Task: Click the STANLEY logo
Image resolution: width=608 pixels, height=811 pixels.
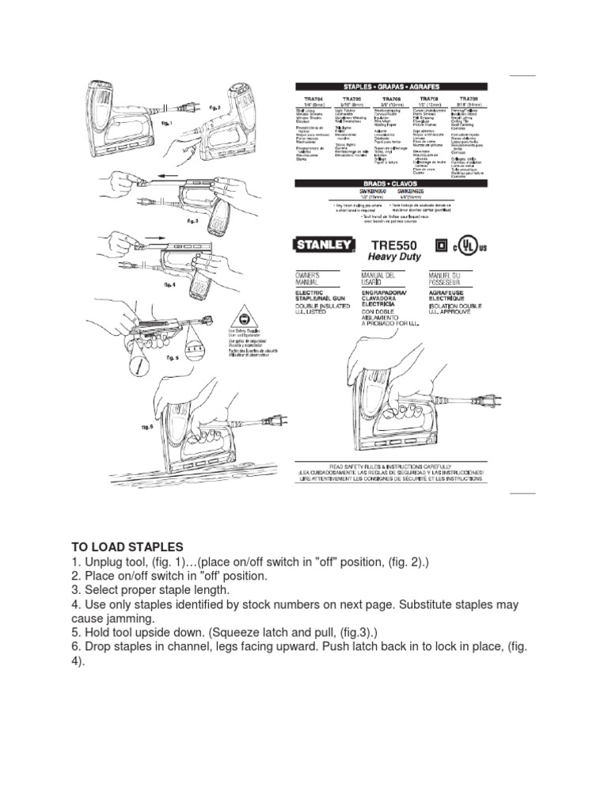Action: pyautogui.click(x=325, y=246)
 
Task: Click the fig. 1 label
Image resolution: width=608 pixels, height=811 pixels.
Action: pyautogui.click(x=166, y=124)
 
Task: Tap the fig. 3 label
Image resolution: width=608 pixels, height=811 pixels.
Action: pyautogui.click(x=192, y=222)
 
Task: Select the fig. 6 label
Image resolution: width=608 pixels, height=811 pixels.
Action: pyautogui.click(x=146, y=427)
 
